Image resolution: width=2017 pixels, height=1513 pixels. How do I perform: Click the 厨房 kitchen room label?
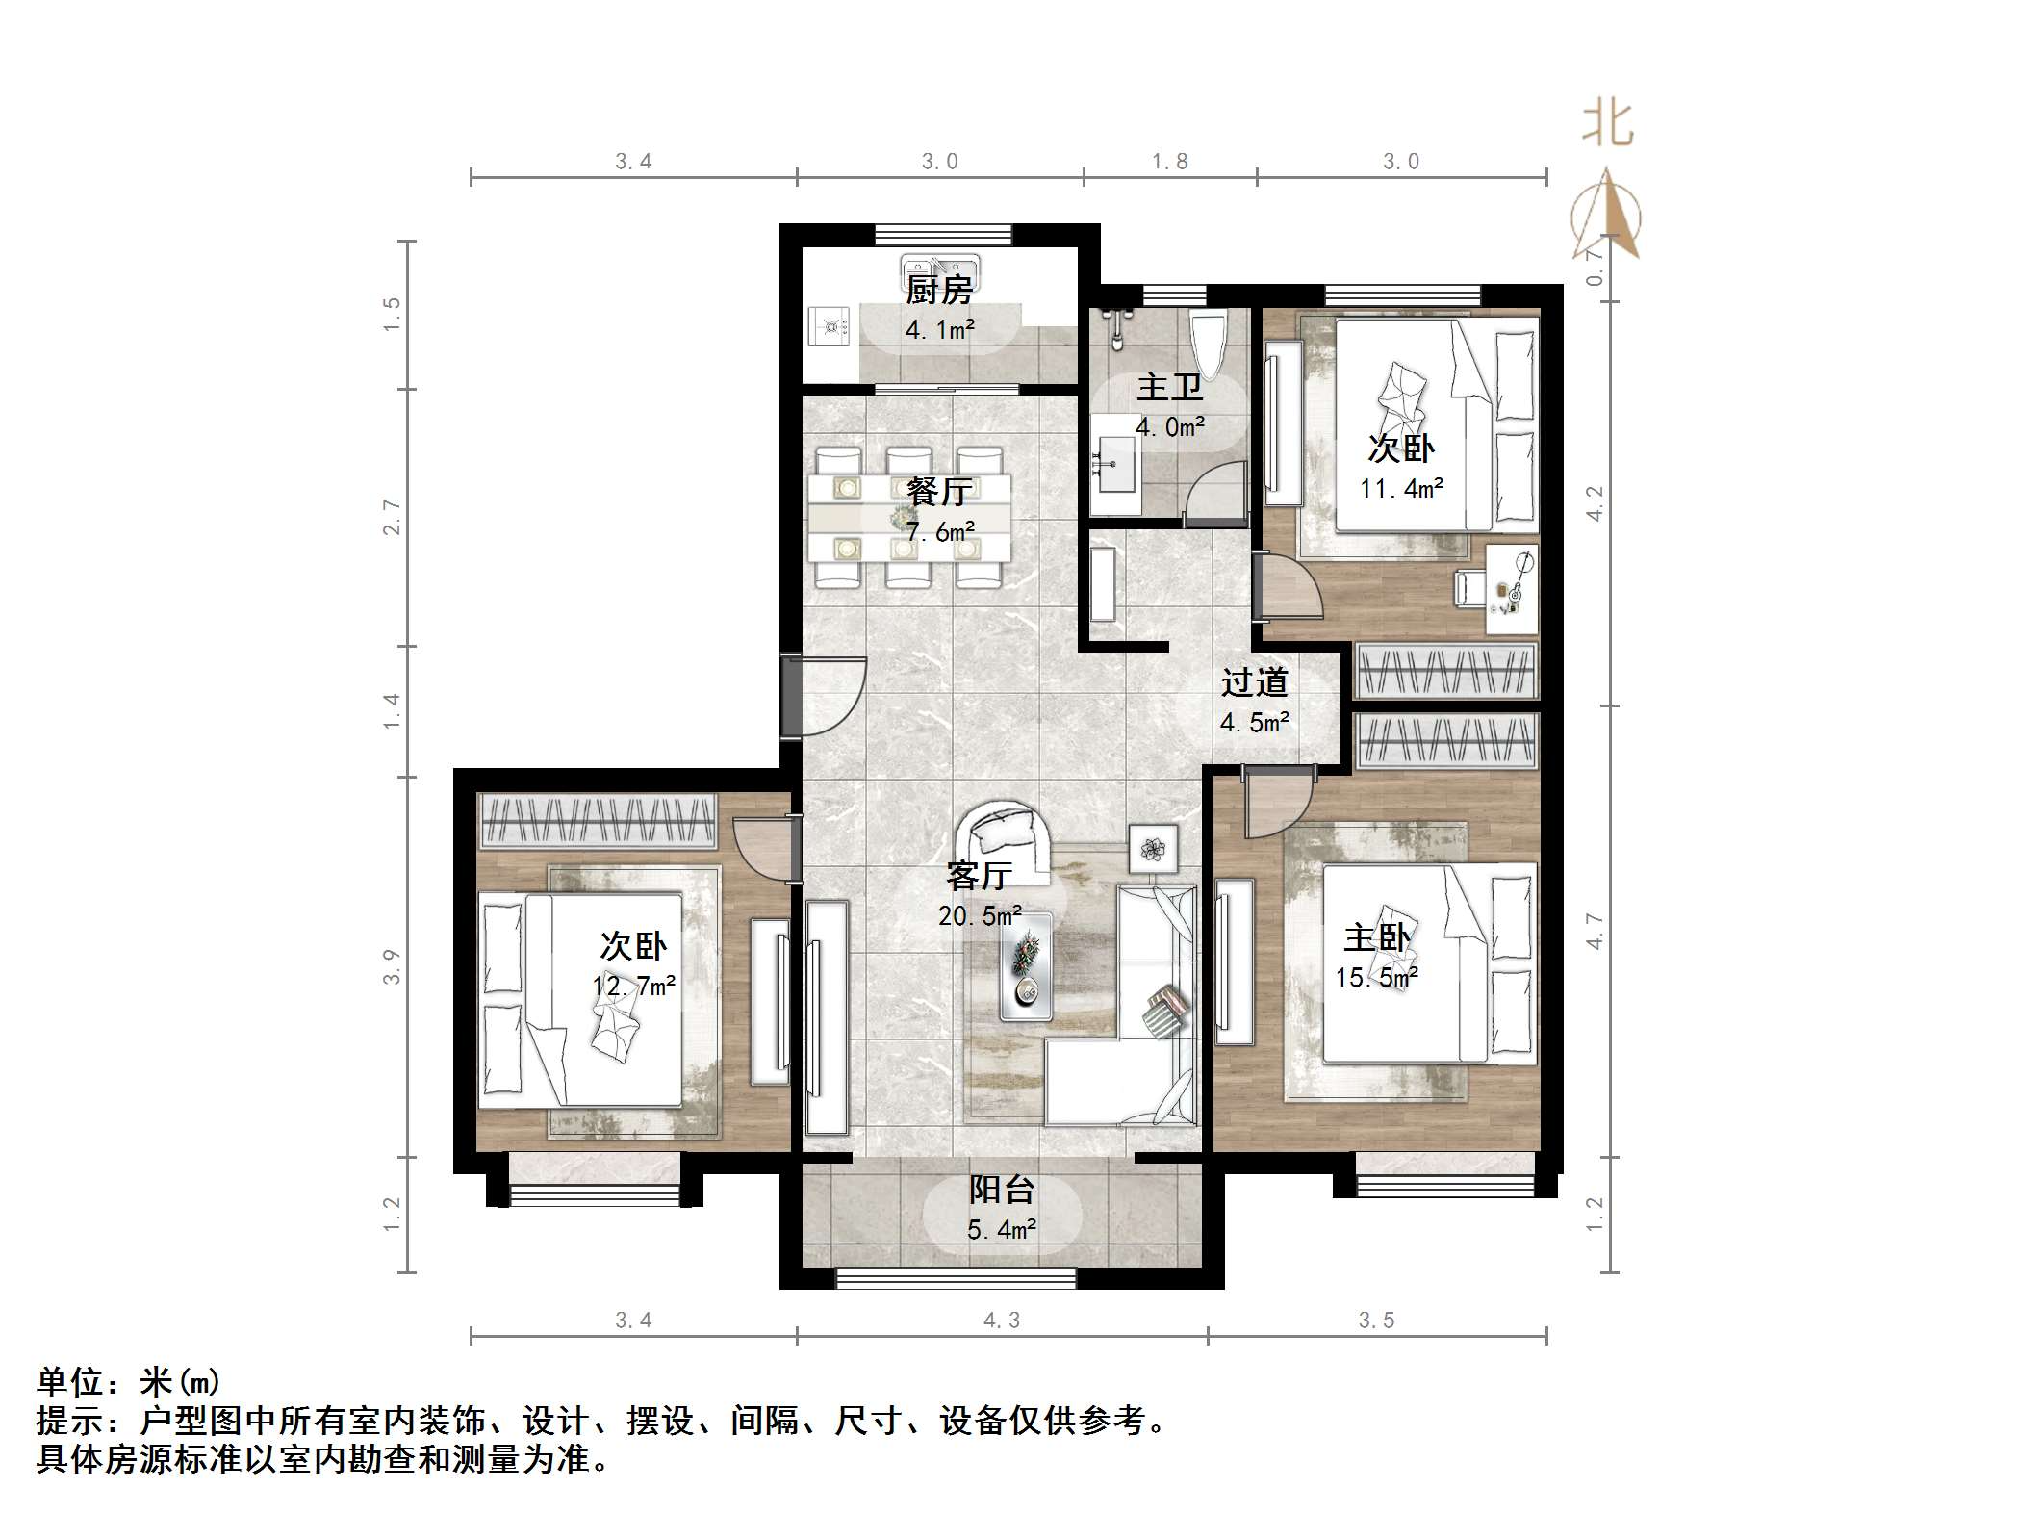pyautogui.click(x=939, y=289)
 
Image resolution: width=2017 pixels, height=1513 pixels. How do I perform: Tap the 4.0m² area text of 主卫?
pyautogui.click(x=1170, y=426)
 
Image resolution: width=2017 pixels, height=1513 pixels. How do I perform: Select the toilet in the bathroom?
pyautogui.click(x=1209, y=345)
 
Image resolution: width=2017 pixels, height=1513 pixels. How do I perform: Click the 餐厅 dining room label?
pyautogui.click(x=939, y=491)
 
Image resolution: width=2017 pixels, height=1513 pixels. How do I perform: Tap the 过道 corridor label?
pyautogui.click(x=1254, y=682)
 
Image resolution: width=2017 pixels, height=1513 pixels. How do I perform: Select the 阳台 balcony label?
pyautogui.click(x=1001, y=1190)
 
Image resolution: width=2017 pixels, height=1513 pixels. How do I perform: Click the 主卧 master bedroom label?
pyautogui.click(x=1377, y=937)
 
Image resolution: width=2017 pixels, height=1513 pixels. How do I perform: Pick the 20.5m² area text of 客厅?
pyautogui.click(x=980, y=915)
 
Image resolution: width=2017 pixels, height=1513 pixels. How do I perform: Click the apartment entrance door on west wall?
pyautogui.click(x=791, y=697)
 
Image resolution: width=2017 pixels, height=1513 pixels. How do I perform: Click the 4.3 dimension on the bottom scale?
pyautogui.click(x=1001, y=1321)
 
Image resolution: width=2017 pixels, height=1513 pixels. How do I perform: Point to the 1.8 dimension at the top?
pyautogui.click(x=1170, y=162)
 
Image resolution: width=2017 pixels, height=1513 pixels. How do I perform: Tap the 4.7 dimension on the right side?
pyautogui.click(x=1596, y=931)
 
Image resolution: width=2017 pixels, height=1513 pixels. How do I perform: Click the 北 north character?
pyautogui.click(x=1607, y=125)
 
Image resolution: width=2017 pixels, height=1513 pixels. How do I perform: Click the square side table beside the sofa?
pyautogui.click(x=1153, y=849)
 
